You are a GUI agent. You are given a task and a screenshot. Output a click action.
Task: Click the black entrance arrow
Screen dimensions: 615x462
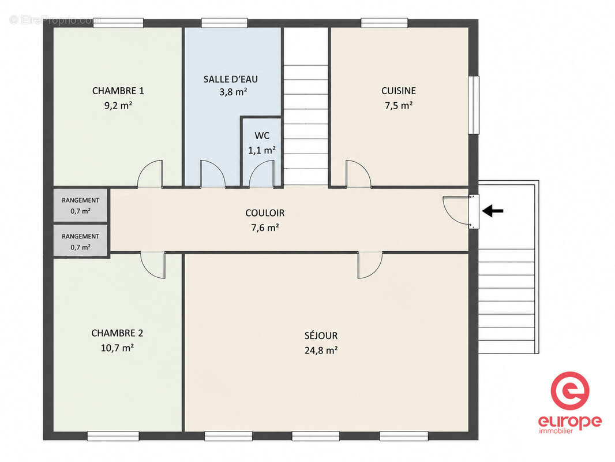click(493, 211)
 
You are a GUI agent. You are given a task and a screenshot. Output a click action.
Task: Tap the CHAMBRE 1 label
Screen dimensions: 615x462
click(118, 91)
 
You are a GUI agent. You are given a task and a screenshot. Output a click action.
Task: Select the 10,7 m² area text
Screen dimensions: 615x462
click(117, 348)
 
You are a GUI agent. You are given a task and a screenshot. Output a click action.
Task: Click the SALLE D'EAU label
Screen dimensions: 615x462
click(231, 79)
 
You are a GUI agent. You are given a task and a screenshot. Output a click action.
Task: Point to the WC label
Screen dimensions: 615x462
click(262, 136)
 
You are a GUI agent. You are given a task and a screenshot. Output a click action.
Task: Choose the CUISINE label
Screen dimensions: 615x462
click(399, 91)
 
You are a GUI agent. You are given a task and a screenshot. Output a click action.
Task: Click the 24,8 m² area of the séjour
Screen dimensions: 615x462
click(321, 350)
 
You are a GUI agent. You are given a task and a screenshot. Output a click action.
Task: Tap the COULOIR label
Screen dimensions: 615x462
click(265, 213)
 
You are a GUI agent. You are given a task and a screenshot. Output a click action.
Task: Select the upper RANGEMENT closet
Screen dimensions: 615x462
click(80, 205)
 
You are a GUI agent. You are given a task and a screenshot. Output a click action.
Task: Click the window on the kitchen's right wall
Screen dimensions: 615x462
click(474, 105)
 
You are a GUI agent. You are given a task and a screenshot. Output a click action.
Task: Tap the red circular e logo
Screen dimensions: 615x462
click(570, 391)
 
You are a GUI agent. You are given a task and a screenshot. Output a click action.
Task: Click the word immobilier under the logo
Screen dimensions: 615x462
click(556, 431)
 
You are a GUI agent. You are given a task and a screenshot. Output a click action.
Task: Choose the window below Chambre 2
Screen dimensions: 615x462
click(113, 435)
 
